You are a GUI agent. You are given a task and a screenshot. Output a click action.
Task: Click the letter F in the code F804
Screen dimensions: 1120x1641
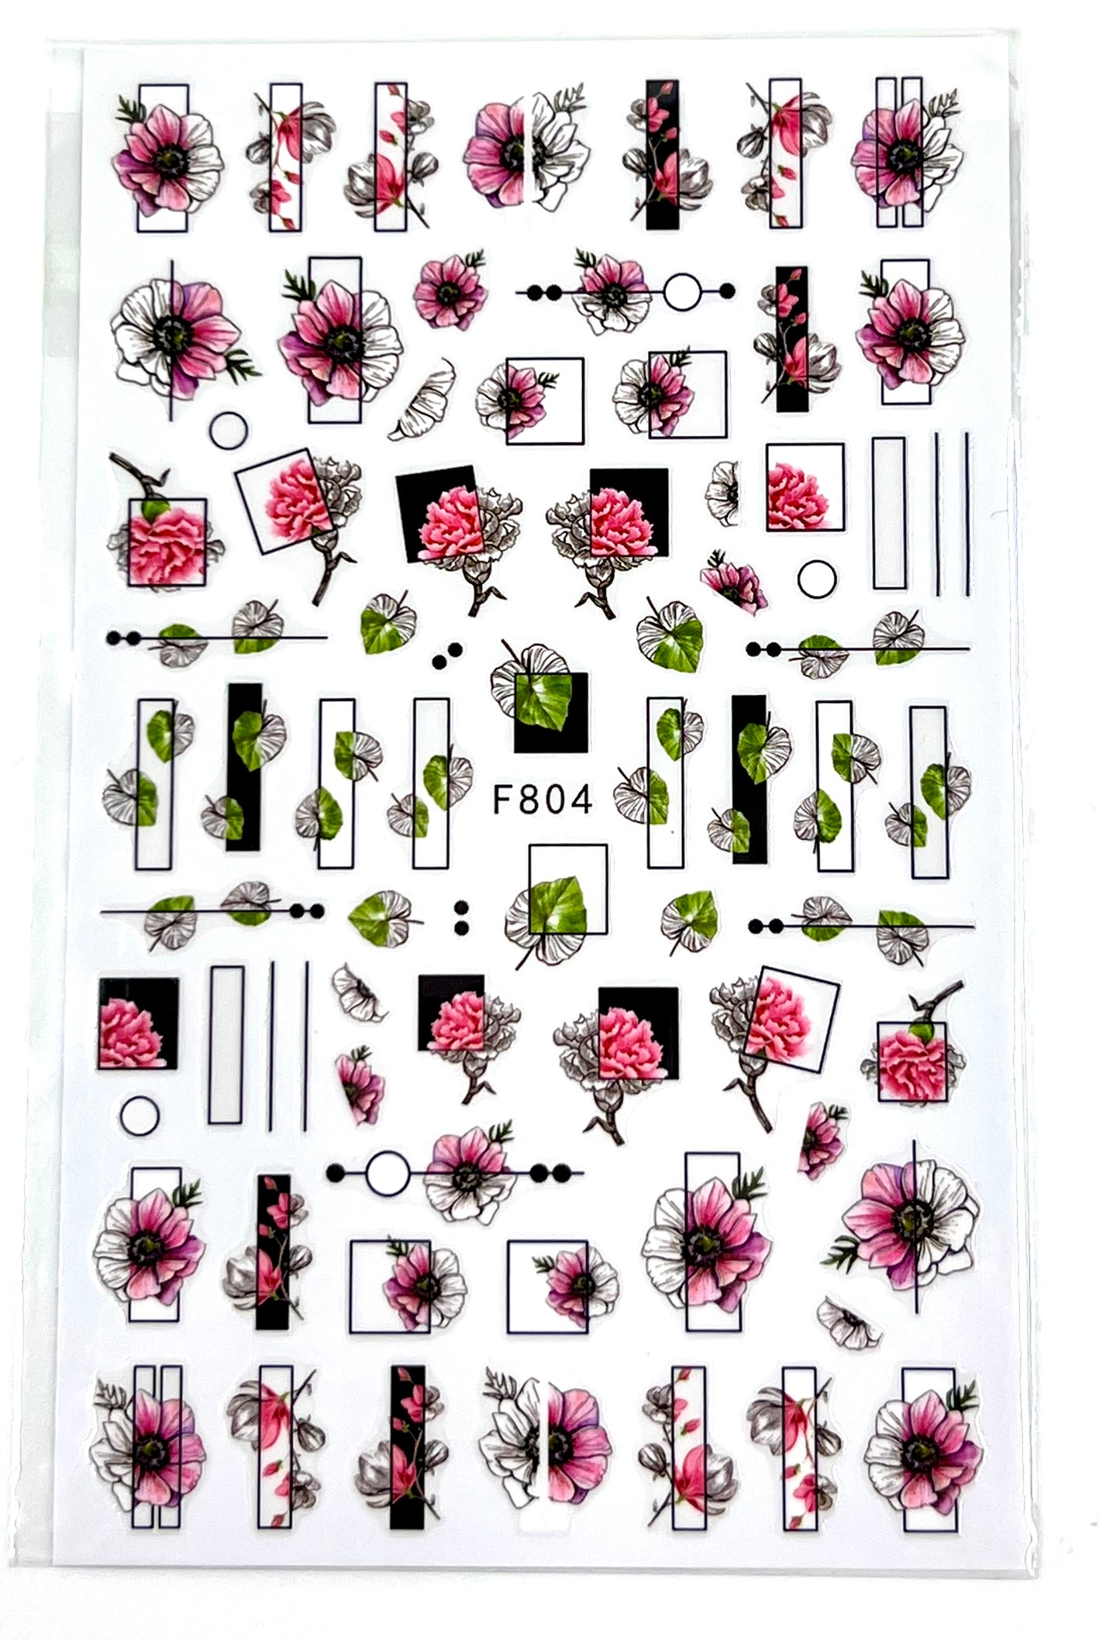pyautogui.click(x=505, y=799)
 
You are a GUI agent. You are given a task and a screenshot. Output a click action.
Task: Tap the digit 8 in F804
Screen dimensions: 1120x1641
pyautogui.click(x=529, y=799)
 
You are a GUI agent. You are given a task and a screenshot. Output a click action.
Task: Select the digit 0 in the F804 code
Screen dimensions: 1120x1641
pyautogui.click(x=555, y=799)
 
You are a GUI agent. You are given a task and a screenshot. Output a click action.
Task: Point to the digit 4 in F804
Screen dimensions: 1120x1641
pyautogui.click(x=581, y=799)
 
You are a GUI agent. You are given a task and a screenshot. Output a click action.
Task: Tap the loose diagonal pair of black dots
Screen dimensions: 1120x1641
pyautogui.click(x=447, y=655)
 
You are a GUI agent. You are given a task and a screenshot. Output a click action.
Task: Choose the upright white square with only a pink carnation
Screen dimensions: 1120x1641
pyautogui.click(x=805, y=487)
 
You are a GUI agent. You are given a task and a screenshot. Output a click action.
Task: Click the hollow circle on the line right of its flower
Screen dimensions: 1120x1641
pyautogui.click(x=683, y=291)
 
